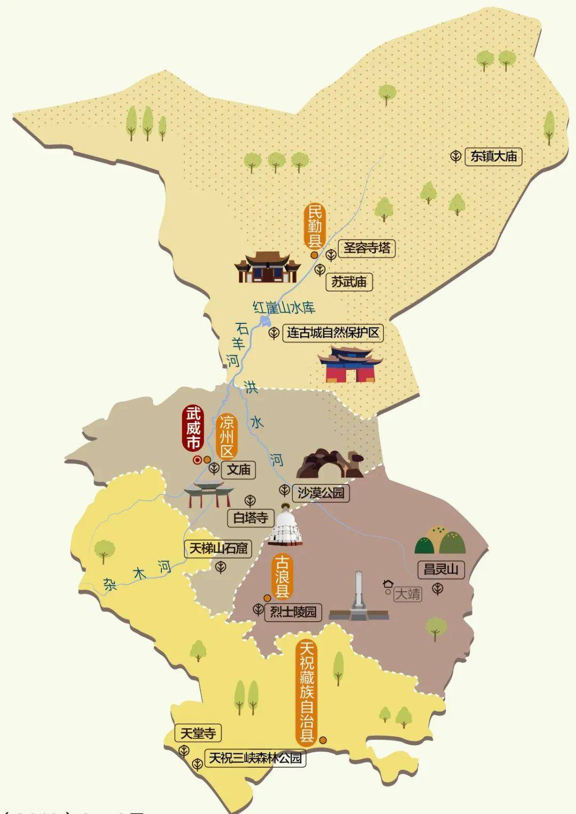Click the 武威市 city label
pyautogui.click(x=193, y=428)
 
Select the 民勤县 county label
pyautogui.click(x=314, y=226)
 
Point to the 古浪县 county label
pyautogui.click(x=282, y=576)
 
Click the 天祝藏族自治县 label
pyautogui.click(x=307, y=693)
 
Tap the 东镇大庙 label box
pyautogui.click(x=493, y=156)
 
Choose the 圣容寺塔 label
pyautogui.click(x=367, y=248)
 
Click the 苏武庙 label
pyautogui.click(x=349, y=281)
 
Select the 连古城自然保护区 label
pyautogui.click(x=333, y=333)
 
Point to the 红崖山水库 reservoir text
pyautogui.click(x=284, y=307)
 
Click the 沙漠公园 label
pyautogui.click(x=321, y=493)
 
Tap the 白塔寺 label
pyautogui.click(x=250, y=517)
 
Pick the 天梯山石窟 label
pyautogui.click(x=218, y=549)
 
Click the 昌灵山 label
pyautogui.click(x=441, y=569)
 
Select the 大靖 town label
pyautogui.click(x=407, y=593)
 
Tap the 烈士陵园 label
pyautogui.click(x=293, y=612)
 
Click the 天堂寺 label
pyautogui.click(x=198, y=734)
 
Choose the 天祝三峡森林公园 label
pyautogui.click(x=255, y=758)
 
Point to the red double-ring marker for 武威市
pyautogui.click(x=197, y=460)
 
